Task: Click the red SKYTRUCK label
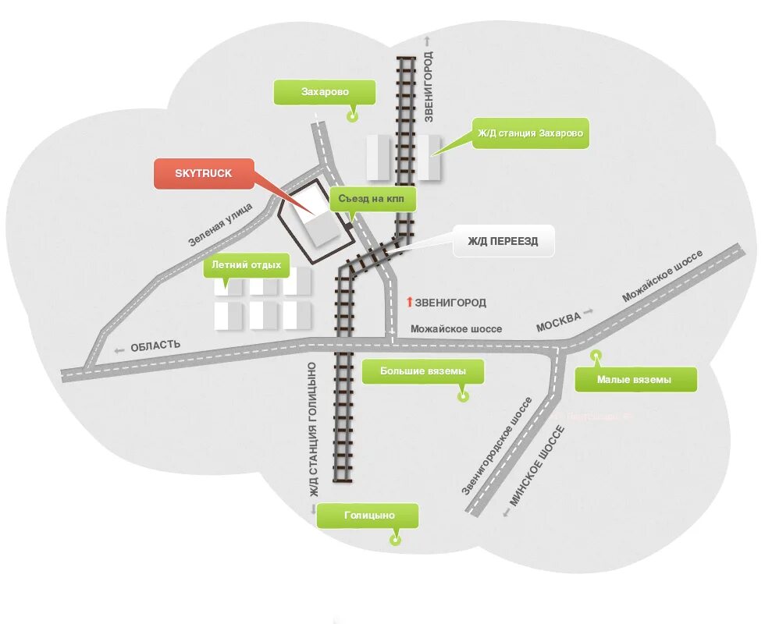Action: click(x=204, y=173)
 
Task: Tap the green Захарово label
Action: click(x=325, y=92)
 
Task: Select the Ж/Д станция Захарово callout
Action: click(x=531, y=133)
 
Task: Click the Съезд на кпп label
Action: click(x=372, y=199)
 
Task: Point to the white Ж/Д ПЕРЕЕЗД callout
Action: click(x=503, y=242)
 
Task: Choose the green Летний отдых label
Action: click(x=246, y=265)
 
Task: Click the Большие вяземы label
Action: click(x=423, y=371)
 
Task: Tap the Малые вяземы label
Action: click(x=634, y=380)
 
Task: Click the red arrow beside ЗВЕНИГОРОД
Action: click(x=408, y=302)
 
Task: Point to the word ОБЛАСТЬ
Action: click(x=155, y=346)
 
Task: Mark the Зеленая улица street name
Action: click(x=221, y=224)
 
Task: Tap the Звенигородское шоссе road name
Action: click(x=496, y=446)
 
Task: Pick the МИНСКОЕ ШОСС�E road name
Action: click(x=536, y=466)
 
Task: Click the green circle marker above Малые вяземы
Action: click(x=596, y=356)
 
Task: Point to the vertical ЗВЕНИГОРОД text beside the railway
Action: click(x=428, y=87)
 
